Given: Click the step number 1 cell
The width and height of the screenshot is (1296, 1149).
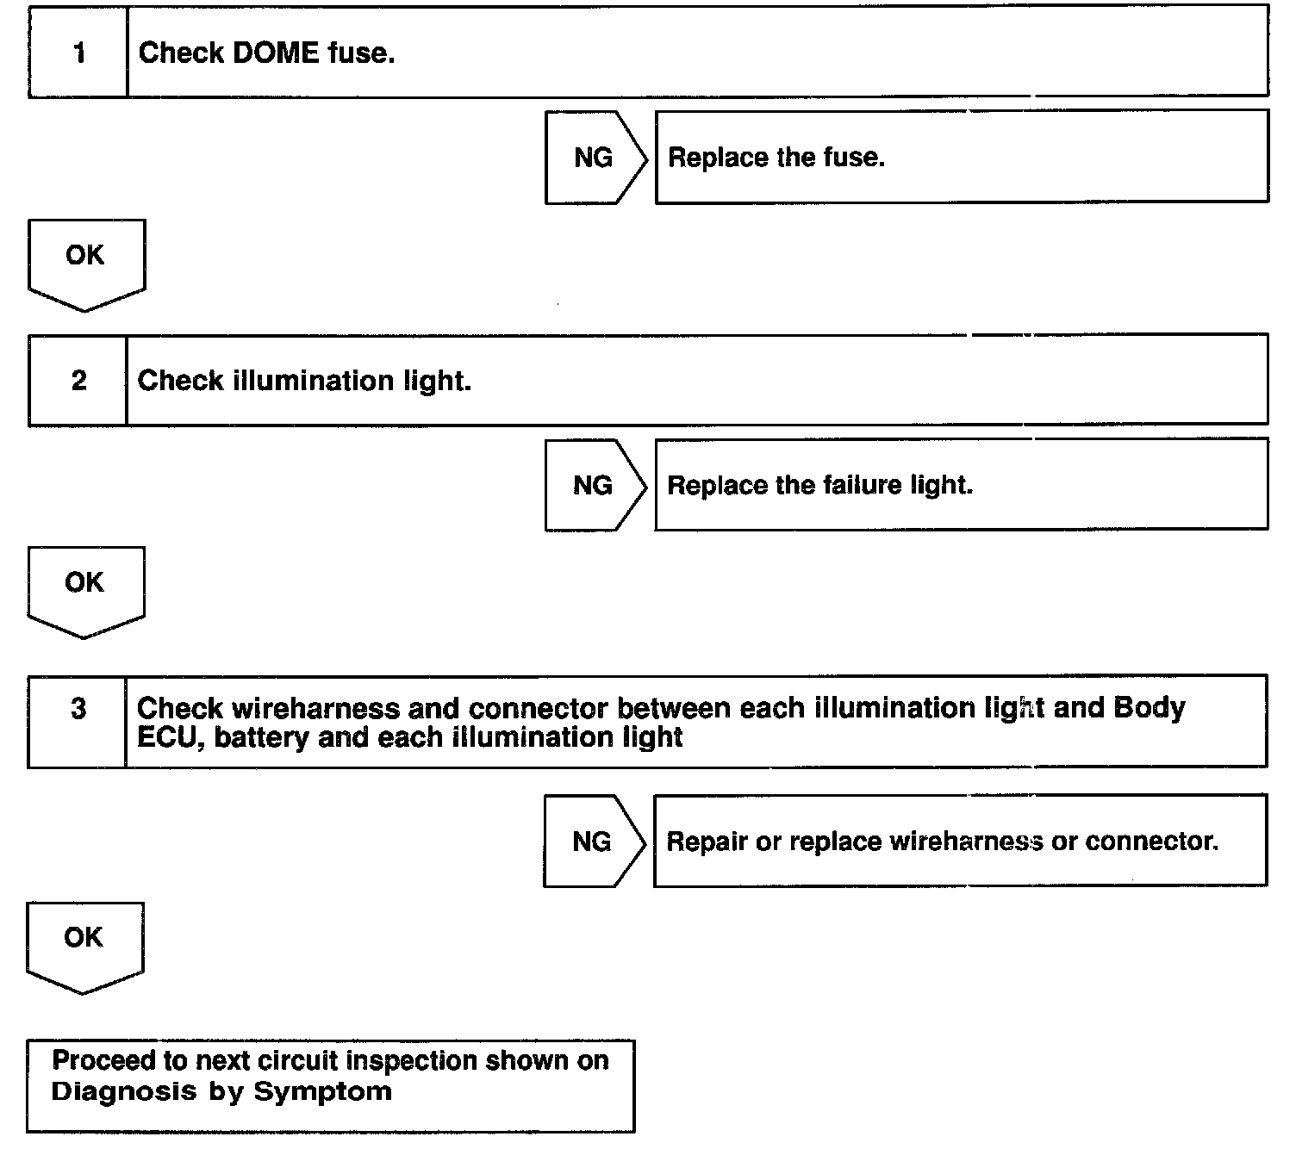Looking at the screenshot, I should (x=78, y=53).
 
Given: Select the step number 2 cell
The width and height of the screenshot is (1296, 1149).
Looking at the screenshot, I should (x=78, y=381).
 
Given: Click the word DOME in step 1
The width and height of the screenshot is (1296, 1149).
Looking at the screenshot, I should (x=276, y=53).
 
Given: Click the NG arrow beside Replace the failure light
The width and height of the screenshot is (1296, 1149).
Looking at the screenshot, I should (x=594, y=485).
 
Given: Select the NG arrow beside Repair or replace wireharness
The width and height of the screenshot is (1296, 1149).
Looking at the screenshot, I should (x=593, y=841).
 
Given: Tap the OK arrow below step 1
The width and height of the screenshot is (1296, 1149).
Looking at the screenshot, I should (x=86, y=261).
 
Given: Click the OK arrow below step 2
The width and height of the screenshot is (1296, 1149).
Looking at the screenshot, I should (x=85, y=588).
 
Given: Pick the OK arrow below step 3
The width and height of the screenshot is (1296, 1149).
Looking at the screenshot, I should (x=84, y=944).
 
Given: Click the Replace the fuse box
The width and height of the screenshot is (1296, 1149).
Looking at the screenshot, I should (x=962, y=158).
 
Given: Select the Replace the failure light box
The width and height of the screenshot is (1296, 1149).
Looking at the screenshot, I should (x=961, y=485).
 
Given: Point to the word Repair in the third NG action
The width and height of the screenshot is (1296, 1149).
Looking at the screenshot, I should (x=707, y=841).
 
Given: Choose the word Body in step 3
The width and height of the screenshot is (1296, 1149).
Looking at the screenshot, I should (x=1150, y=708).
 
